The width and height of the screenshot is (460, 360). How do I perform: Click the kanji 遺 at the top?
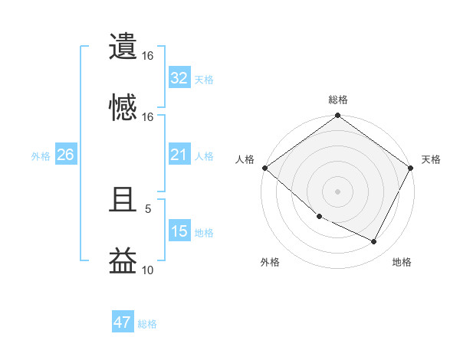pyautogui.click(x=123, y=47)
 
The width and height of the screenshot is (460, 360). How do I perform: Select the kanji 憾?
pyautogui.click(x=123, y=106)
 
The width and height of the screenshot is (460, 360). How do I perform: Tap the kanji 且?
pyautogui.click(x=123, y=201)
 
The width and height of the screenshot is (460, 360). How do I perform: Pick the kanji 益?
pyautogui.click(x=123, y=260)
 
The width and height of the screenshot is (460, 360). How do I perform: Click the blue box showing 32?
pyautogui.click(x=179, y=78)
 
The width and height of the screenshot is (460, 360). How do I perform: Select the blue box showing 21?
pyautogui.click(x=179, y=155)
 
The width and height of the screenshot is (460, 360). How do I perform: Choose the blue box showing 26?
pyautogui.click(x=65, y=155)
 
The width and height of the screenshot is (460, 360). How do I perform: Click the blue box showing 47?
pyautogui.click(x=123, y=322)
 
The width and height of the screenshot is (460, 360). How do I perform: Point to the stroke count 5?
pyautogui.click(x=148, y=208)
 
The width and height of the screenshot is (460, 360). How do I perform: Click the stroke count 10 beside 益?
pyautogui.click(x=148, y=270)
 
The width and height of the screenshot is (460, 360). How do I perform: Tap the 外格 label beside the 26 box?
pyautogui.click(x=41, y=156)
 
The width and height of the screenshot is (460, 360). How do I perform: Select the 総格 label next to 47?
pyautogui.click(x=147, y=324)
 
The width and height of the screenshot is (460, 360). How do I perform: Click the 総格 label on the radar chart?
pyautogui.click(x=338, y=100)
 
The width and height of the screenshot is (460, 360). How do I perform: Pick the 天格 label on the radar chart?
pyautogui.click(x=431, y=159)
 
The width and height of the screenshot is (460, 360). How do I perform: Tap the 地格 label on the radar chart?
pyautogui.click(x=402, y=262)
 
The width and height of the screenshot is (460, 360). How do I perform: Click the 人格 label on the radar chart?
pyautogui.click(x=245, y=159)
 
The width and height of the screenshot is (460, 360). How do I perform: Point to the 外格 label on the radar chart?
pyautogui.click(x=270, y=262)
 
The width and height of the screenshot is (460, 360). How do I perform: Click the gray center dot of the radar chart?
pyautogui.click(x=338, y=191)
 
